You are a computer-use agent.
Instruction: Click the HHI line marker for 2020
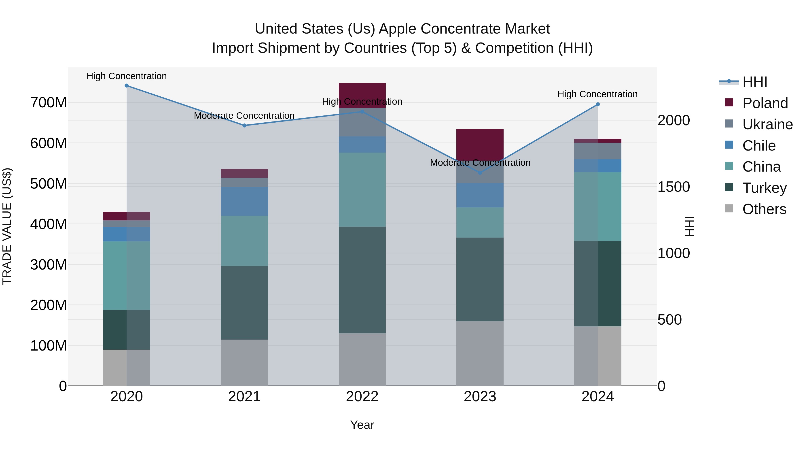[x=127, y=86]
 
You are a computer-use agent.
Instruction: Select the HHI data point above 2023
[x=480, y=173]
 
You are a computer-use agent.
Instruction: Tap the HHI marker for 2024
[x=597, y=104]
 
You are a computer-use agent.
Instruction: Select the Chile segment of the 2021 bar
[x=244, y=201]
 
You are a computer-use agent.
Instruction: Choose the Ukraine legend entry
[x=767, y=124]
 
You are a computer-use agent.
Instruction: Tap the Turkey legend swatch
[x=729, y=187]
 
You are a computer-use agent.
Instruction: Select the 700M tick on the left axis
[x=49, y=102]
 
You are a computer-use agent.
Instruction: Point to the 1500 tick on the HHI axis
[x=674, y=187]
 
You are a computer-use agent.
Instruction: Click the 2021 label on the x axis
[x=244, y=397]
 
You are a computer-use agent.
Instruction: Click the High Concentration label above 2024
[x=597, y=94]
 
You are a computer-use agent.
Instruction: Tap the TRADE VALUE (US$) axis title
[x=7, y=226]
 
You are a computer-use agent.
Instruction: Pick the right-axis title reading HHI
[x=689, y=226]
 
